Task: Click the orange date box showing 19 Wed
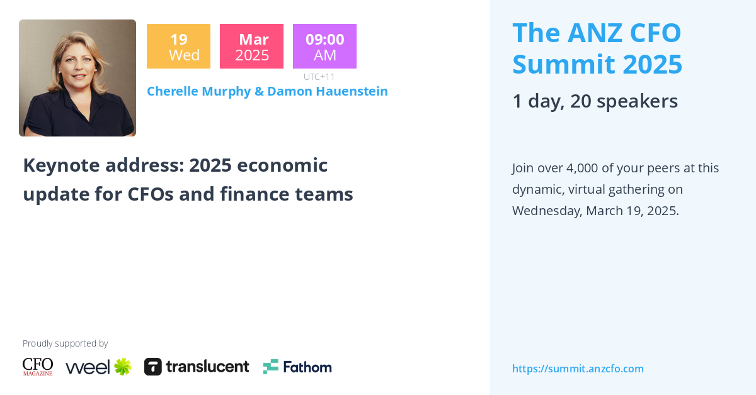coord(178,47)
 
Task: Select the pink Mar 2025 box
coord(251,47)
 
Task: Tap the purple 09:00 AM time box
coord(324,47)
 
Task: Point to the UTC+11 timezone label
coord(319,77)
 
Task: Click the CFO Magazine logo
coord(38,367)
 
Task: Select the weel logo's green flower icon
coord(122,367)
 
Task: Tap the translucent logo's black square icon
coord(153,367)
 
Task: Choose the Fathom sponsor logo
coord(297,367)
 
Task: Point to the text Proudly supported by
coord(65,343)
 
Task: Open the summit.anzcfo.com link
coord(578,369)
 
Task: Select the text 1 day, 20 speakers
coord(595,101)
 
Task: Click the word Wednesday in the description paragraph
coord(546,211)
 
